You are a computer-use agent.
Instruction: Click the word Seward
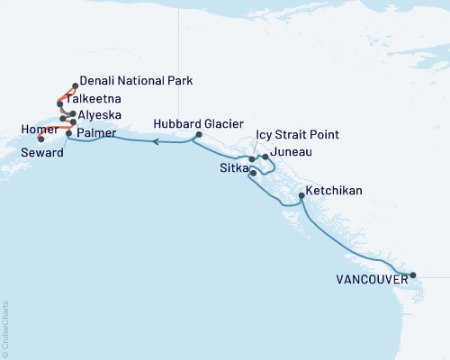(x=44, y=154)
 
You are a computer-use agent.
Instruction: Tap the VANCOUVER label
(x=369, y=280)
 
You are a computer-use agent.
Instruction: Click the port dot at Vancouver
(x=412, y=275)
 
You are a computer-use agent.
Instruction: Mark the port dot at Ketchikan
(x=300, y=195)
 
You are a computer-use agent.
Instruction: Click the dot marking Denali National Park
(x=74, y=86)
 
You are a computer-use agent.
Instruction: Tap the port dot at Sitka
(x=253, y=172)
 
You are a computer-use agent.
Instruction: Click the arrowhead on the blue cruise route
(x=156, y=141)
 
